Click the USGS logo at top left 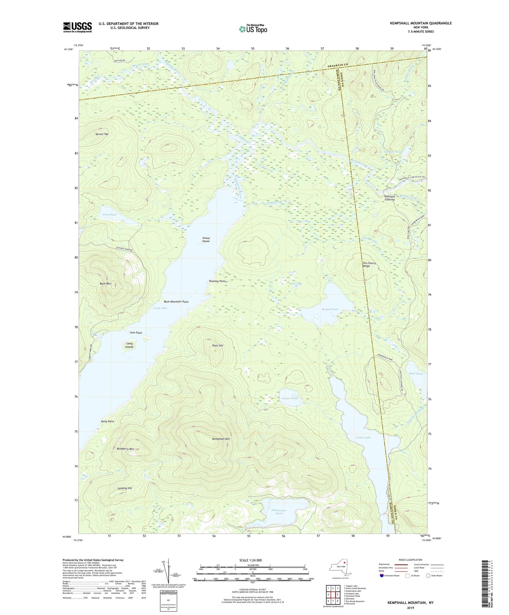(x=77, y=27)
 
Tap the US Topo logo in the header (x=253, y=29)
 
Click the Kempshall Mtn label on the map (x=221, y=439)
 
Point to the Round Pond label (x=330, y=309)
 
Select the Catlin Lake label (x=363, y=437)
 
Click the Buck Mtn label (x=105, y=284)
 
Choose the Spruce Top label (x=102, y=134)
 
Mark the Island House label (x=206, y=240)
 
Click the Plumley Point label (x=217, y=281)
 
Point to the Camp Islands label (x=129, y=345)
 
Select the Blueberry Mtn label (x=125, y=449)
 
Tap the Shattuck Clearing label (x=389, y=198)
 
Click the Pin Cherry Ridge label (x=369, y=265)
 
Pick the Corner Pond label (x=290, y=398)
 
